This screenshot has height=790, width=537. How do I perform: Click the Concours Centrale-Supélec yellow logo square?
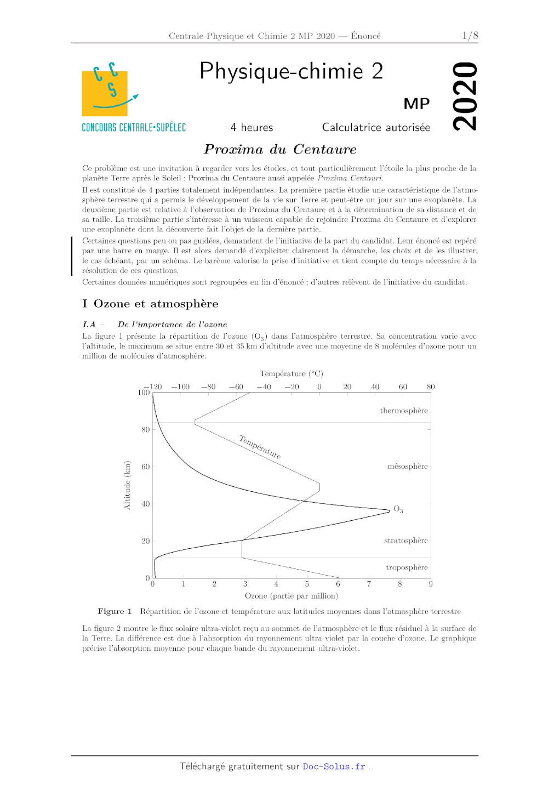click(x=105, y=93)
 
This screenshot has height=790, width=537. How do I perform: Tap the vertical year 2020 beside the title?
click(x=465, y=96)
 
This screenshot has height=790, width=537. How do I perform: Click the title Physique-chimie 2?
click(x=291, y=71)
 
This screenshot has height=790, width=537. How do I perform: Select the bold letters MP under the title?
click(x=416, y=104)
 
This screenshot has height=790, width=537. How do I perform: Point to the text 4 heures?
click(x=252, y=127)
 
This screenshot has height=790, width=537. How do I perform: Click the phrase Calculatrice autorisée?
click(x=376, y=127)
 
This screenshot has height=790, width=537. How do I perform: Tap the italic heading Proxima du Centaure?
click(x=280, y=149)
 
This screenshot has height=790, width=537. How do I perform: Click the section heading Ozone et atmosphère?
click(x=156, y=304)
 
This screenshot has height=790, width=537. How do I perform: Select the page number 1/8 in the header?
click(x=470, y=36)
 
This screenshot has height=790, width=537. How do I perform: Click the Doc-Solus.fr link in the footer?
click(x=334, y=766)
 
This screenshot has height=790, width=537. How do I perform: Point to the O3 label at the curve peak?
click(x=398, y=510)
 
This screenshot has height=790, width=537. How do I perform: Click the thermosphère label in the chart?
click(x=404, y=411)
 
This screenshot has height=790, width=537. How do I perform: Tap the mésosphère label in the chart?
click(x=407, y=467)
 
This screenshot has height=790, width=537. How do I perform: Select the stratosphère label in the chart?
click(x=405, y=541)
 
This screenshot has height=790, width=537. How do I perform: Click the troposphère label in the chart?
click(x=407, y=567)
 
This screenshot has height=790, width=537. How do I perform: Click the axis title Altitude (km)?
click(x=127, y=485)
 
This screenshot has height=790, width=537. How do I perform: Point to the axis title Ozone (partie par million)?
click(x=291, y=596)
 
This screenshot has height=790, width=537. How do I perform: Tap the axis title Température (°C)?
click(x=292, y=374)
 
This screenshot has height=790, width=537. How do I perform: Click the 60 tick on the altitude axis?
click(x=145, y=467)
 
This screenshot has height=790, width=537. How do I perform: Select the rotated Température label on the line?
click(x=260, y=447)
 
